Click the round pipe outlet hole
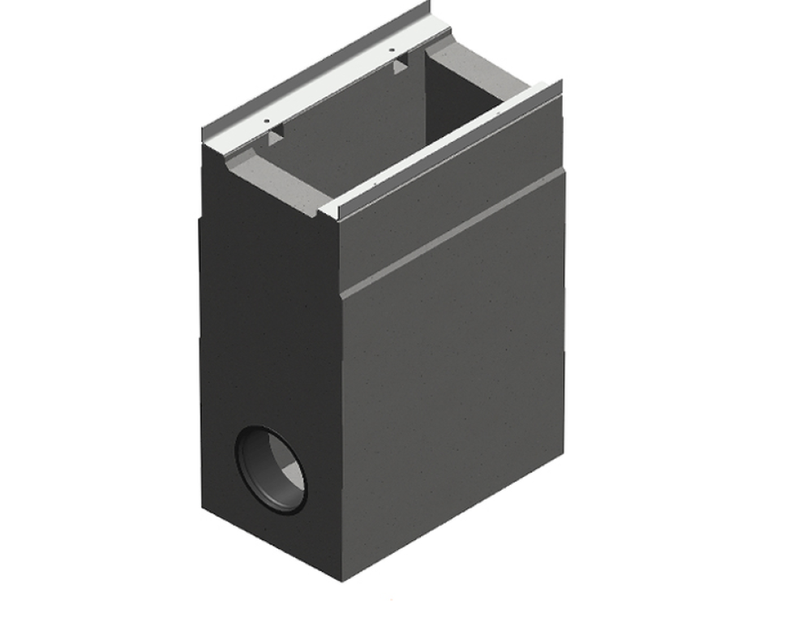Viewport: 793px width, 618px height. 272,470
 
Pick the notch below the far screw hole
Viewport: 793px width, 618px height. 401,67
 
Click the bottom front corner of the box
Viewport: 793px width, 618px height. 343,580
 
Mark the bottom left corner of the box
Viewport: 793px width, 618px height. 203,508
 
